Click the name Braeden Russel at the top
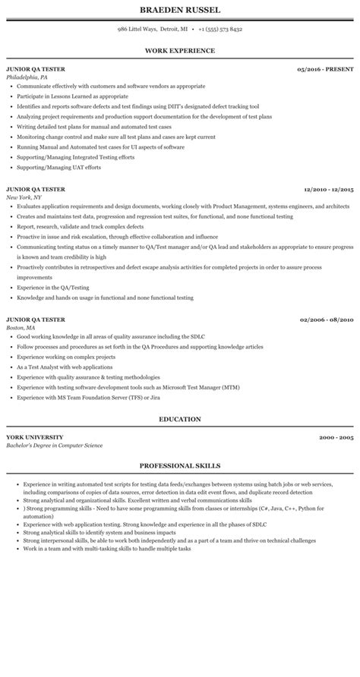pyautogui.click(x=179, y=10)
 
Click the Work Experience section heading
pyautogui.click(x=179, y=51)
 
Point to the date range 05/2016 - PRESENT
pyautogui.click(x=325, y=69)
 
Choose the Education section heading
pyautogui.click(x=179, y=419)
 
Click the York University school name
pyautogui.click(x=34, y=437)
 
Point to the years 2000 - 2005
pyautogui.click(x=336, y=437)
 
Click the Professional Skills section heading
pyautogui.click(x=179, y=465)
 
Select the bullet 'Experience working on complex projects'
pyautogui.click(x=66, y=355)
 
